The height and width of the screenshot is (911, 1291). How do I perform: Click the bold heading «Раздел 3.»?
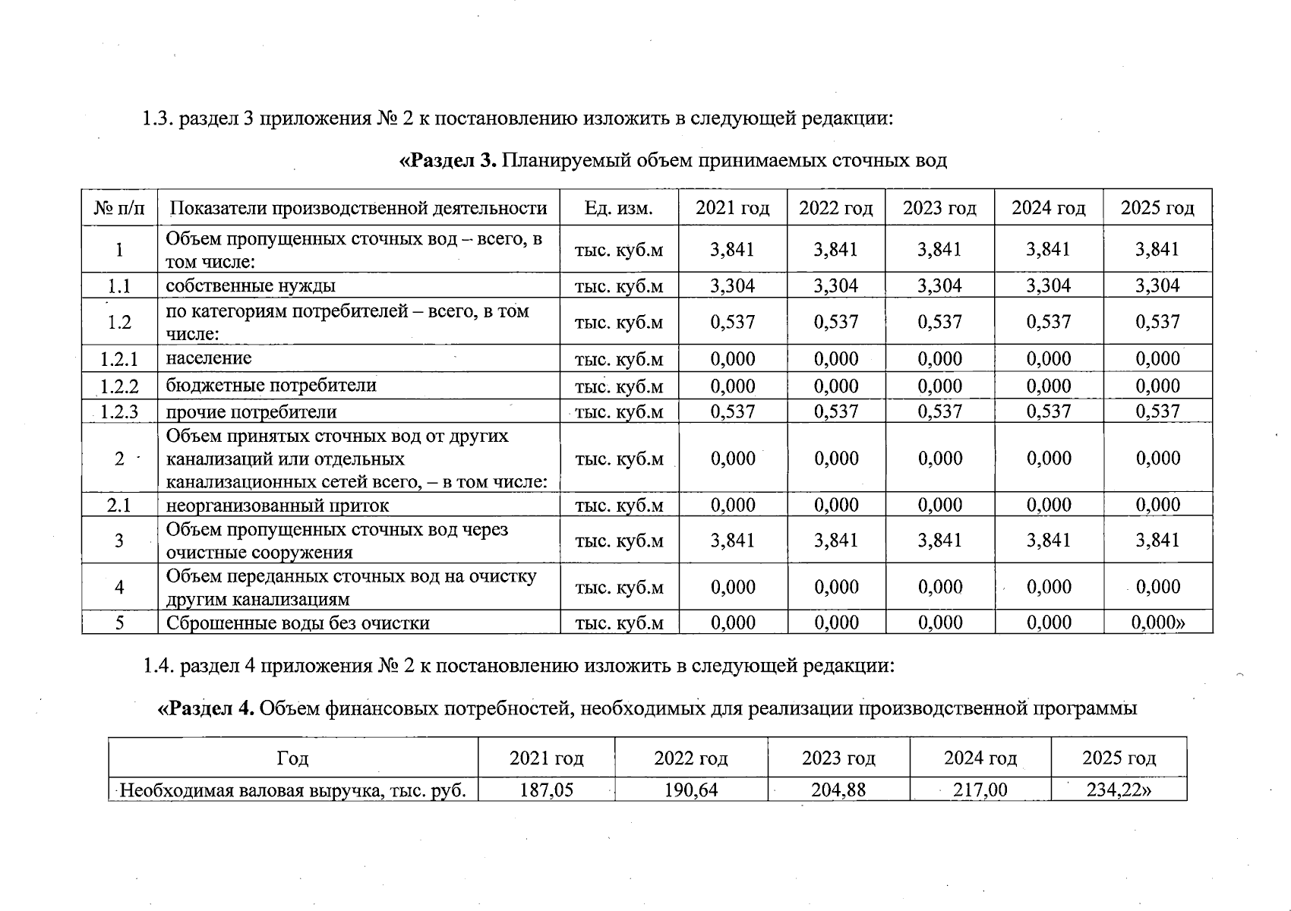[x=447, y=161]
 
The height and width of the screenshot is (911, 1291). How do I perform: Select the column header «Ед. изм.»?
[x=618, y=208]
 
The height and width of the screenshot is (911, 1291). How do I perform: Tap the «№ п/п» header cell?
[x=119, y=208]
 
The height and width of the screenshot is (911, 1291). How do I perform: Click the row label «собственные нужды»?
[x=251, y=286]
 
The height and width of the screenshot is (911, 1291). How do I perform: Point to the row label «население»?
[x=209, y=358]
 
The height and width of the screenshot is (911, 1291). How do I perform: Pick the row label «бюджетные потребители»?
[x=271, y=386]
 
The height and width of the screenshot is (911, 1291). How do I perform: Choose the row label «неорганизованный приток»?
[x=277, y=506]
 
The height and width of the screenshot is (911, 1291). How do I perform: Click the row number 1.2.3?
[x=119, y=412]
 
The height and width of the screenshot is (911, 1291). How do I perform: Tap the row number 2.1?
[x=119, y=506]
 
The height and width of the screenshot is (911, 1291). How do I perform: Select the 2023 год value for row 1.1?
[x=939, y=286]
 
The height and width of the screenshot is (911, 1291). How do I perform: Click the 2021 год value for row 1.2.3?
[x=732, y=412]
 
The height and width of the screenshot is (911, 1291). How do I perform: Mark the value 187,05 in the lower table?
[x=546, y=790]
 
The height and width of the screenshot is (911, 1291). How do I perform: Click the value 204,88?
[x=838, y=790]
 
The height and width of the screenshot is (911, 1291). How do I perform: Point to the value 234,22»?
[x=1119, y=790]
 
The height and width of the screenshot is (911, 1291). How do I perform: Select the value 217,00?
[x=980, y=790]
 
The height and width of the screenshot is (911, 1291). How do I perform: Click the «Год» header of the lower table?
[x=292, y=758]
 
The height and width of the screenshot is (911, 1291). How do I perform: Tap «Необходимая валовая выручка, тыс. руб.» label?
[x=292, y=790]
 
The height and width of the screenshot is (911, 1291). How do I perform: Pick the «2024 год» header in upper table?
[x=1048, y=208]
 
